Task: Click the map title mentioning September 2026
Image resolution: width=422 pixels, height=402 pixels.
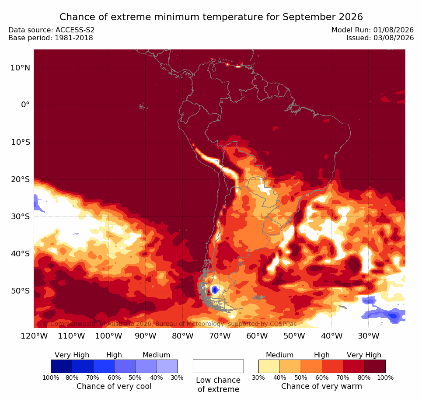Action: click(211, 17)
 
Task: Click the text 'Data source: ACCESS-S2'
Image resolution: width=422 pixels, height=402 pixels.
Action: click(52, 30)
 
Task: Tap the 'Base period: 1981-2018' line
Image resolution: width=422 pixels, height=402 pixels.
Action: click(51, 38)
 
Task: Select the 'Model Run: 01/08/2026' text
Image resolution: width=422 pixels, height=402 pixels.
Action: click(373, 30)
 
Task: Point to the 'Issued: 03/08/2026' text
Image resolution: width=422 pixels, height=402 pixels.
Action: click(380, 38)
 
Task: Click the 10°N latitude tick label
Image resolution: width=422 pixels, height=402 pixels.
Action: click(20, 68)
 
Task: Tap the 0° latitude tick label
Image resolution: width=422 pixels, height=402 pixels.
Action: click(25, 105)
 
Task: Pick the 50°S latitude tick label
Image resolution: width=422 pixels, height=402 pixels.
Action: click(20, 291)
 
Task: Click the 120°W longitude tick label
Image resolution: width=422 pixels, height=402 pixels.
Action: click(34, 336)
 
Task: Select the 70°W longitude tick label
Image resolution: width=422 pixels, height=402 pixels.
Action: click(220, 336)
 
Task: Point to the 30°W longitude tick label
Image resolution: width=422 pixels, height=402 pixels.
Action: click(369, 336)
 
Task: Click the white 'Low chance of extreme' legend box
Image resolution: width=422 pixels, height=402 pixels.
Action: click(218, 366)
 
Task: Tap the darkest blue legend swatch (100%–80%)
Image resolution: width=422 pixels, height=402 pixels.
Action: click(61, 366)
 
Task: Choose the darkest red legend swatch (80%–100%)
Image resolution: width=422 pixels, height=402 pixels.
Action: click(375, 366)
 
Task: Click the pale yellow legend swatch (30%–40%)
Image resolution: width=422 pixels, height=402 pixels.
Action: click(269, 366)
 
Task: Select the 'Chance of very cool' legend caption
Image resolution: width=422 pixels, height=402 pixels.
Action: click(114, 386)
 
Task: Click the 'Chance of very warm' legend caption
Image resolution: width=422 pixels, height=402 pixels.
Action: click(321, 386)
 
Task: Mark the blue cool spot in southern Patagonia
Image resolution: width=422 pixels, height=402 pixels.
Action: click(215, 290)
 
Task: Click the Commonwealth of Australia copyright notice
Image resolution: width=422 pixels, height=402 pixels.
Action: click(170, 324)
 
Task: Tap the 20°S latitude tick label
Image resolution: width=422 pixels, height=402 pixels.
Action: click(20, 179)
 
